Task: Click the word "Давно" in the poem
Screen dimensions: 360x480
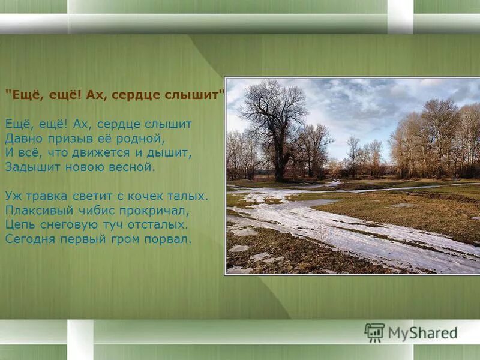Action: click(x=21, y=139)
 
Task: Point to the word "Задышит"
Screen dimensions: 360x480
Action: click(x=28, y=167)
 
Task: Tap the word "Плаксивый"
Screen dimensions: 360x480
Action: click(x=34, y=210)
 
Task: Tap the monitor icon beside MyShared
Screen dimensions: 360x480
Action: click(x=374, y=332)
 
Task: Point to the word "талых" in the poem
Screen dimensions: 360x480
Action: click(x=191, y=196)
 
